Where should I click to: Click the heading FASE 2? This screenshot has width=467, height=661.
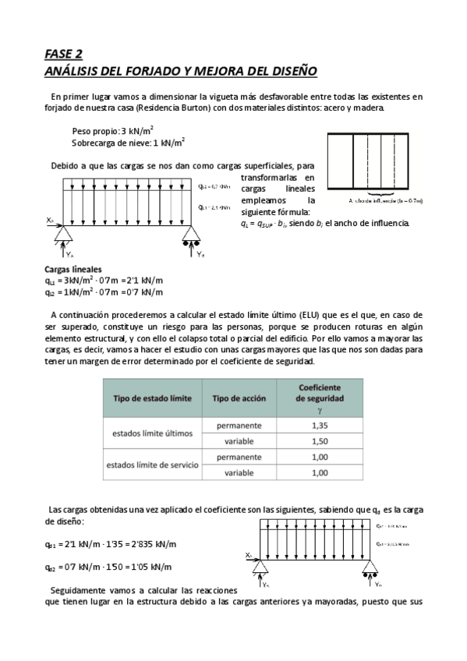(63, 54)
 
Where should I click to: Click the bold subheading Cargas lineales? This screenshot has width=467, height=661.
(73, 269)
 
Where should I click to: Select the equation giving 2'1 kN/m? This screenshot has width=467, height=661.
(104, 281)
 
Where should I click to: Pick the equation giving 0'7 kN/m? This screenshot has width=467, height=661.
(104, 292)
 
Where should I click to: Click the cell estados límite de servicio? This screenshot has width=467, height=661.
(152, 465)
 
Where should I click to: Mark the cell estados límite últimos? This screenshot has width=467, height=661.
(152, 433)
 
